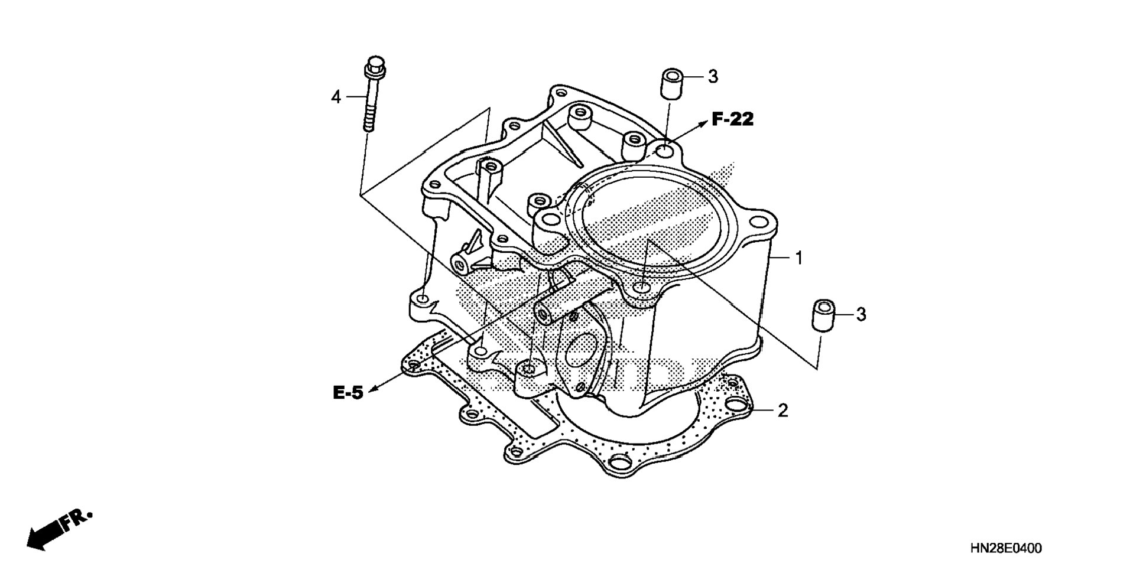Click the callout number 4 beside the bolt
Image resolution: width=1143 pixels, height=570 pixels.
tap(336, 97)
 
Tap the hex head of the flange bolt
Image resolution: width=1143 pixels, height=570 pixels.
tap(374, 63)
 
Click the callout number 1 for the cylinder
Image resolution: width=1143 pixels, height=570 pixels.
tap(798, 258)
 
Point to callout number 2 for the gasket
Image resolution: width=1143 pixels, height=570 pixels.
tap(782, 410)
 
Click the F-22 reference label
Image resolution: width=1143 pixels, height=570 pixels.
tap(733, 119)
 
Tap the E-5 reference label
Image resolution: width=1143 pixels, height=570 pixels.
tap(348, 393)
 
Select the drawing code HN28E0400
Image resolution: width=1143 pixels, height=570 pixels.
tap(1006, 549)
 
